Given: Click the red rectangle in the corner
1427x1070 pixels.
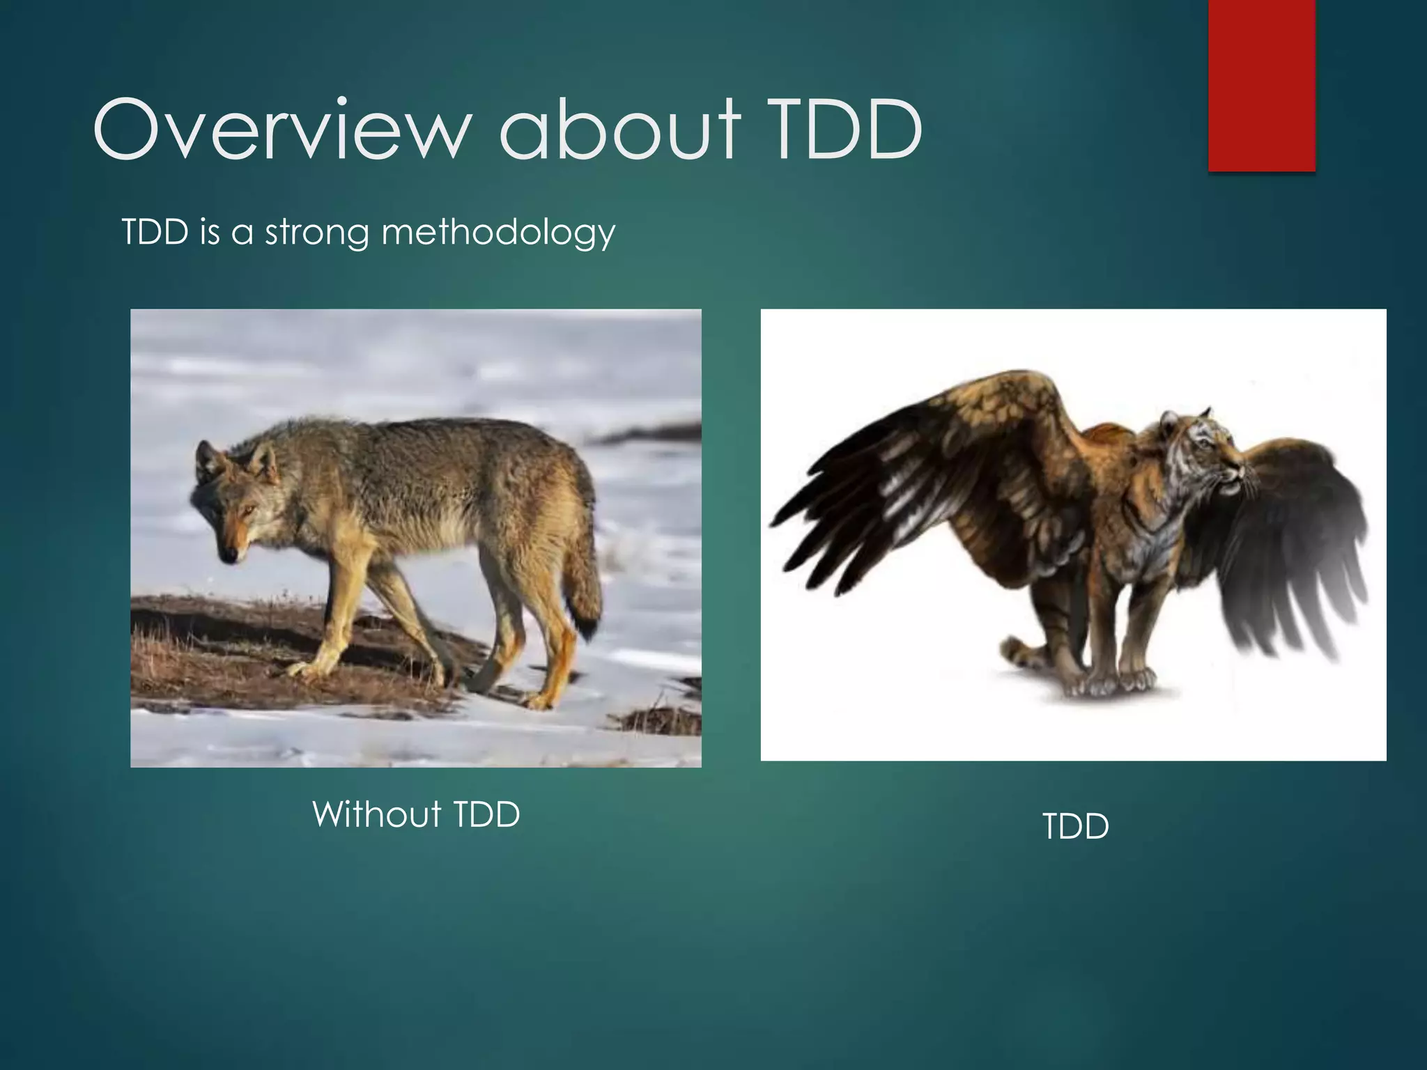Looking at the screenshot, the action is tap(1262, 85).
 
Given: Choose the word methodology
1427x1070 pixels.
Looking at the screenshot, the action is tap(498, 233).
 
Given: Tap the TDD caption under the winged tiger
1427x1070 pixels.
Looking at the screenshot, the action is tap(1076, 827).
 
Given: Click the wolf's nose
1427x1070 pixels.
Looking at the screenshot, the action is tap(228, 555).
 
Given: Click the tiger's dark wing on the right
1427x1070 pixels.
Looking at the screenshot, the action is tap(1286, 550).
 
